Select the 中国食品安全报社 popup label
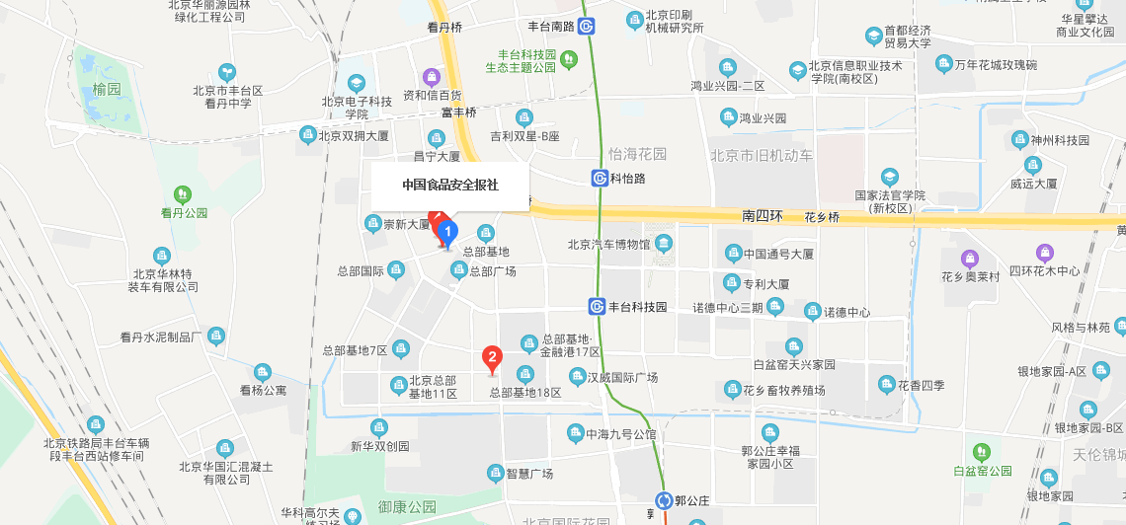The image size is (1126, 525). (x=450, y=185)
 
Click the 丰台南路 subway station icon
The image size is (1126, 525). (x=587, y=27)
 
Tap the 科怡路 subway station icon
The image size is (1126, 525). (x=600, y=179)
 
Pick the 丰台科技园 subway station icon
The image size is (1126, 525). (x=598, y=307)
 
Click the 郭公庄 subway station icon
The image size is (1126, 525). (x=668, y=500)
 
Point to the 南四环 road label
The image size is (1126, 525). (x=762, y=215)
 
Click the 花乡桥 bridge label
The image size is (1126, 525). (x=822, y=217)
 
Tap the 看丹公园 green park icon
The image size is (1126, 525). (x=183, y=193)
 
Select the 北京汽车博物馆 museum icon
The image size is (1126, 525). (x=663, y=244)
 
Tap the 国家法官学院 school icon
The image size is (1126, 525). (x=890, y=177)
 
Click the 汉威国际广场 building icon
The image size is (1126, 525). (x=577, y=377)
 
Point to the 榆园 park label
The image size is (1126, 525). (x=107, y=89)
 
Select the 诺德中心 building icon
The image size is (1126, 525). (x=812, y=312)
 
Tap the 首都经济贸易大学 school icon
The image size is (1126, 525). (x=874, y=37)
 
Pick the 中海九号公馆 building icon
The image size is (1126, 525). (x=575, y=433)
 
